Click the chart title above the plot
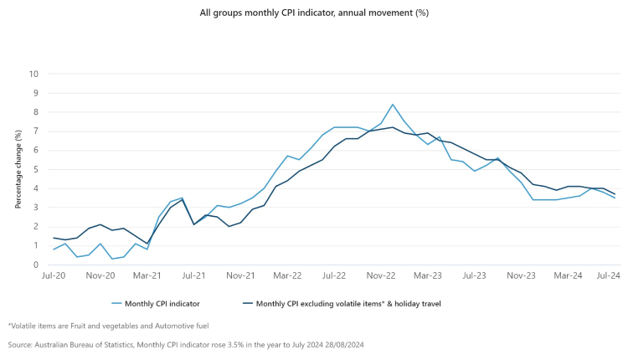pyautogui.click(x=314, y=13)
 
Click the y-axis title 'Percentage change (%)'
pyautogui.click(x=18, y=169)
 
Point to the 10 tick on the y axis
pyautogui.click(x=34, y=74)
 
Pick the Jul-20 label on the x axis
pyautogui.click(x=54, y=275)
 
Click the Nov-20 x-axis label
pyautogui.click(x=100, y=275)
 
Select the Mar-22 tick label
pyautogui.click(x=287, y=275)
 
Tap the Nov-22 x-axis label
pyautogui.click(x=381, y=275)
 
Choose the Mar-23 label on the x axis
pyautogui.click(x=428, y=275)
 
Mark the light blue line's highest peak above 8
pyautogui.click(x=393, y=105)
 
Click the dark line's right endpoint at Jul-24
pyautogui.click(x=615, y=194)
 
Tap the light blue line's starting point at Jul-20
pyautogui.click(x=54, y=249)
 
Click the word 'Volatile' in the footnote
pyautogui.click(x=24, y=325)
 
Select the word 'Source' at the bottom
pyautogui.click(x=22, y=344)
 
